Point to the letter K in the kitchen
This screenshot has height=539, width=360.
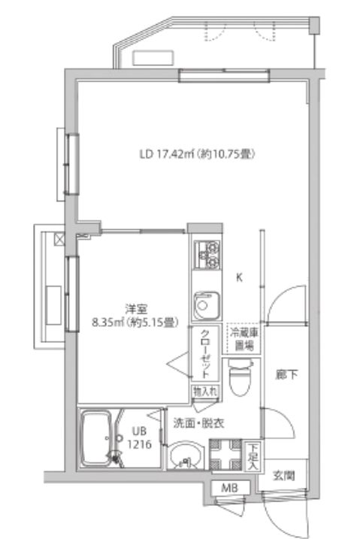[x=240, y=277]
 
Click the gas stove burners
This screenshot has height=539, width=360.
[x=206, y=254]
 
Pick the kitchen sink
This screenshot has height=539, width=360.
[x=205, y=305]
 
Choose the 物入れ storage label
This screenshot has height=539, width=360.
[x=204, y=392]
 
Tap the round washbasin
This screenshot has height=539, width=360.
[x=184, y=456]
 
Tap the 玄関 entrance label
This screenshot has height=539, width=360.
[x=283, y=474]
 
